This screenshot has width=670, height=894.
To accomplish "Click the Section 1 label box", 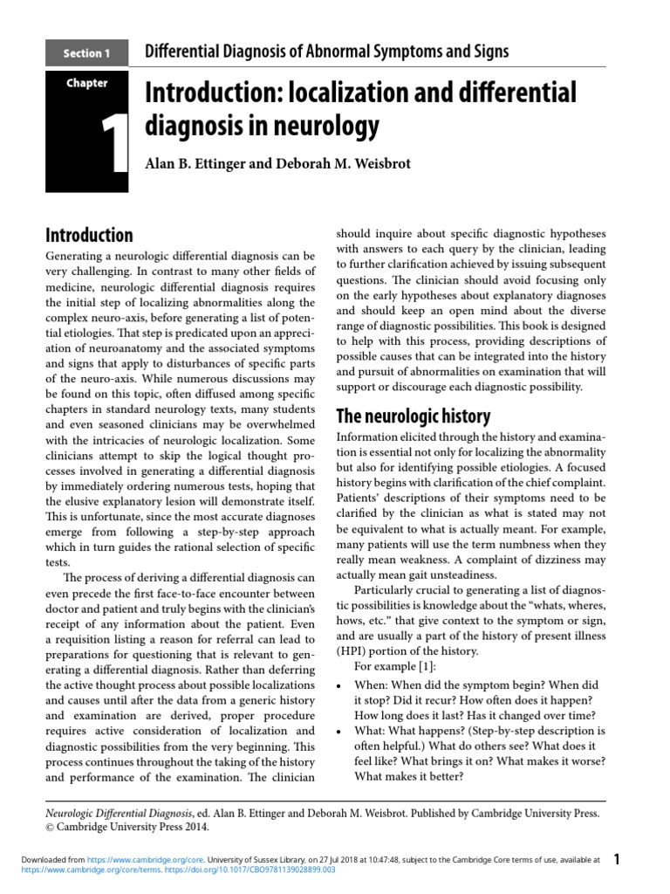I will pos(86,53).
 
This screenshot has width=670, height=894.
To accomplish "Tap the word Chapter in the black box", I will pos(86,84).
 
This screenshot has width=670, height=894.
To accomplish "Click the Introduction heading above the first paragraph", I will pos(88,235).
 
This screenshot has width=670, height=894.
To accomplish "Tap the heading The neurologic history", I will pos(413,416).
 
